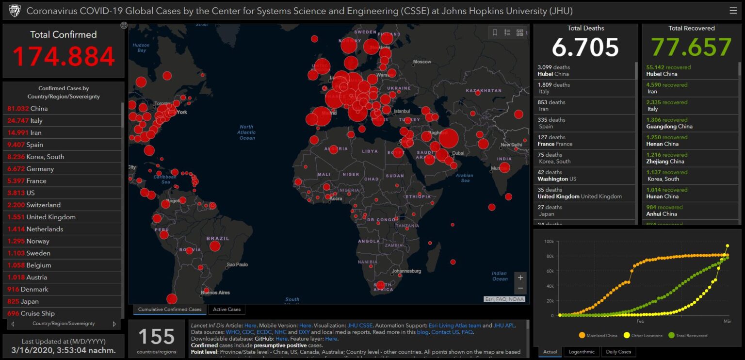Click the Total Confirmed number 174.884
tap(64, 56)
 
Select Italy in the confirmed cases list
tap(36, 120)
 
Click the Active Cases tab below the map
tap(227, 310)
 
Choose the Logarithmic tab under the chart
tap(581, 352)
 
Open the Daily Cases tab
tap(618, 352)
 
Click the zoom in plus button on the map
tap(520, 278)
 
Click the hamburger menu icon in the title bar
tap(733, 11)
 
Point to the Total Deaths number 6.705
tap(585, 48)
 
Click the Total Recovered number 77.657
tap(691, 48)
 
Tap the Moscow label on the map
tap(422, 62)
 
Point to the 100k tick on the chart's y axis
tap(549, 241)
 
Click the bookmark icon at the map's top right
tap(495, 33)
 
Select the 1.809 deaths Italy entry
tap(584, 88)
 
